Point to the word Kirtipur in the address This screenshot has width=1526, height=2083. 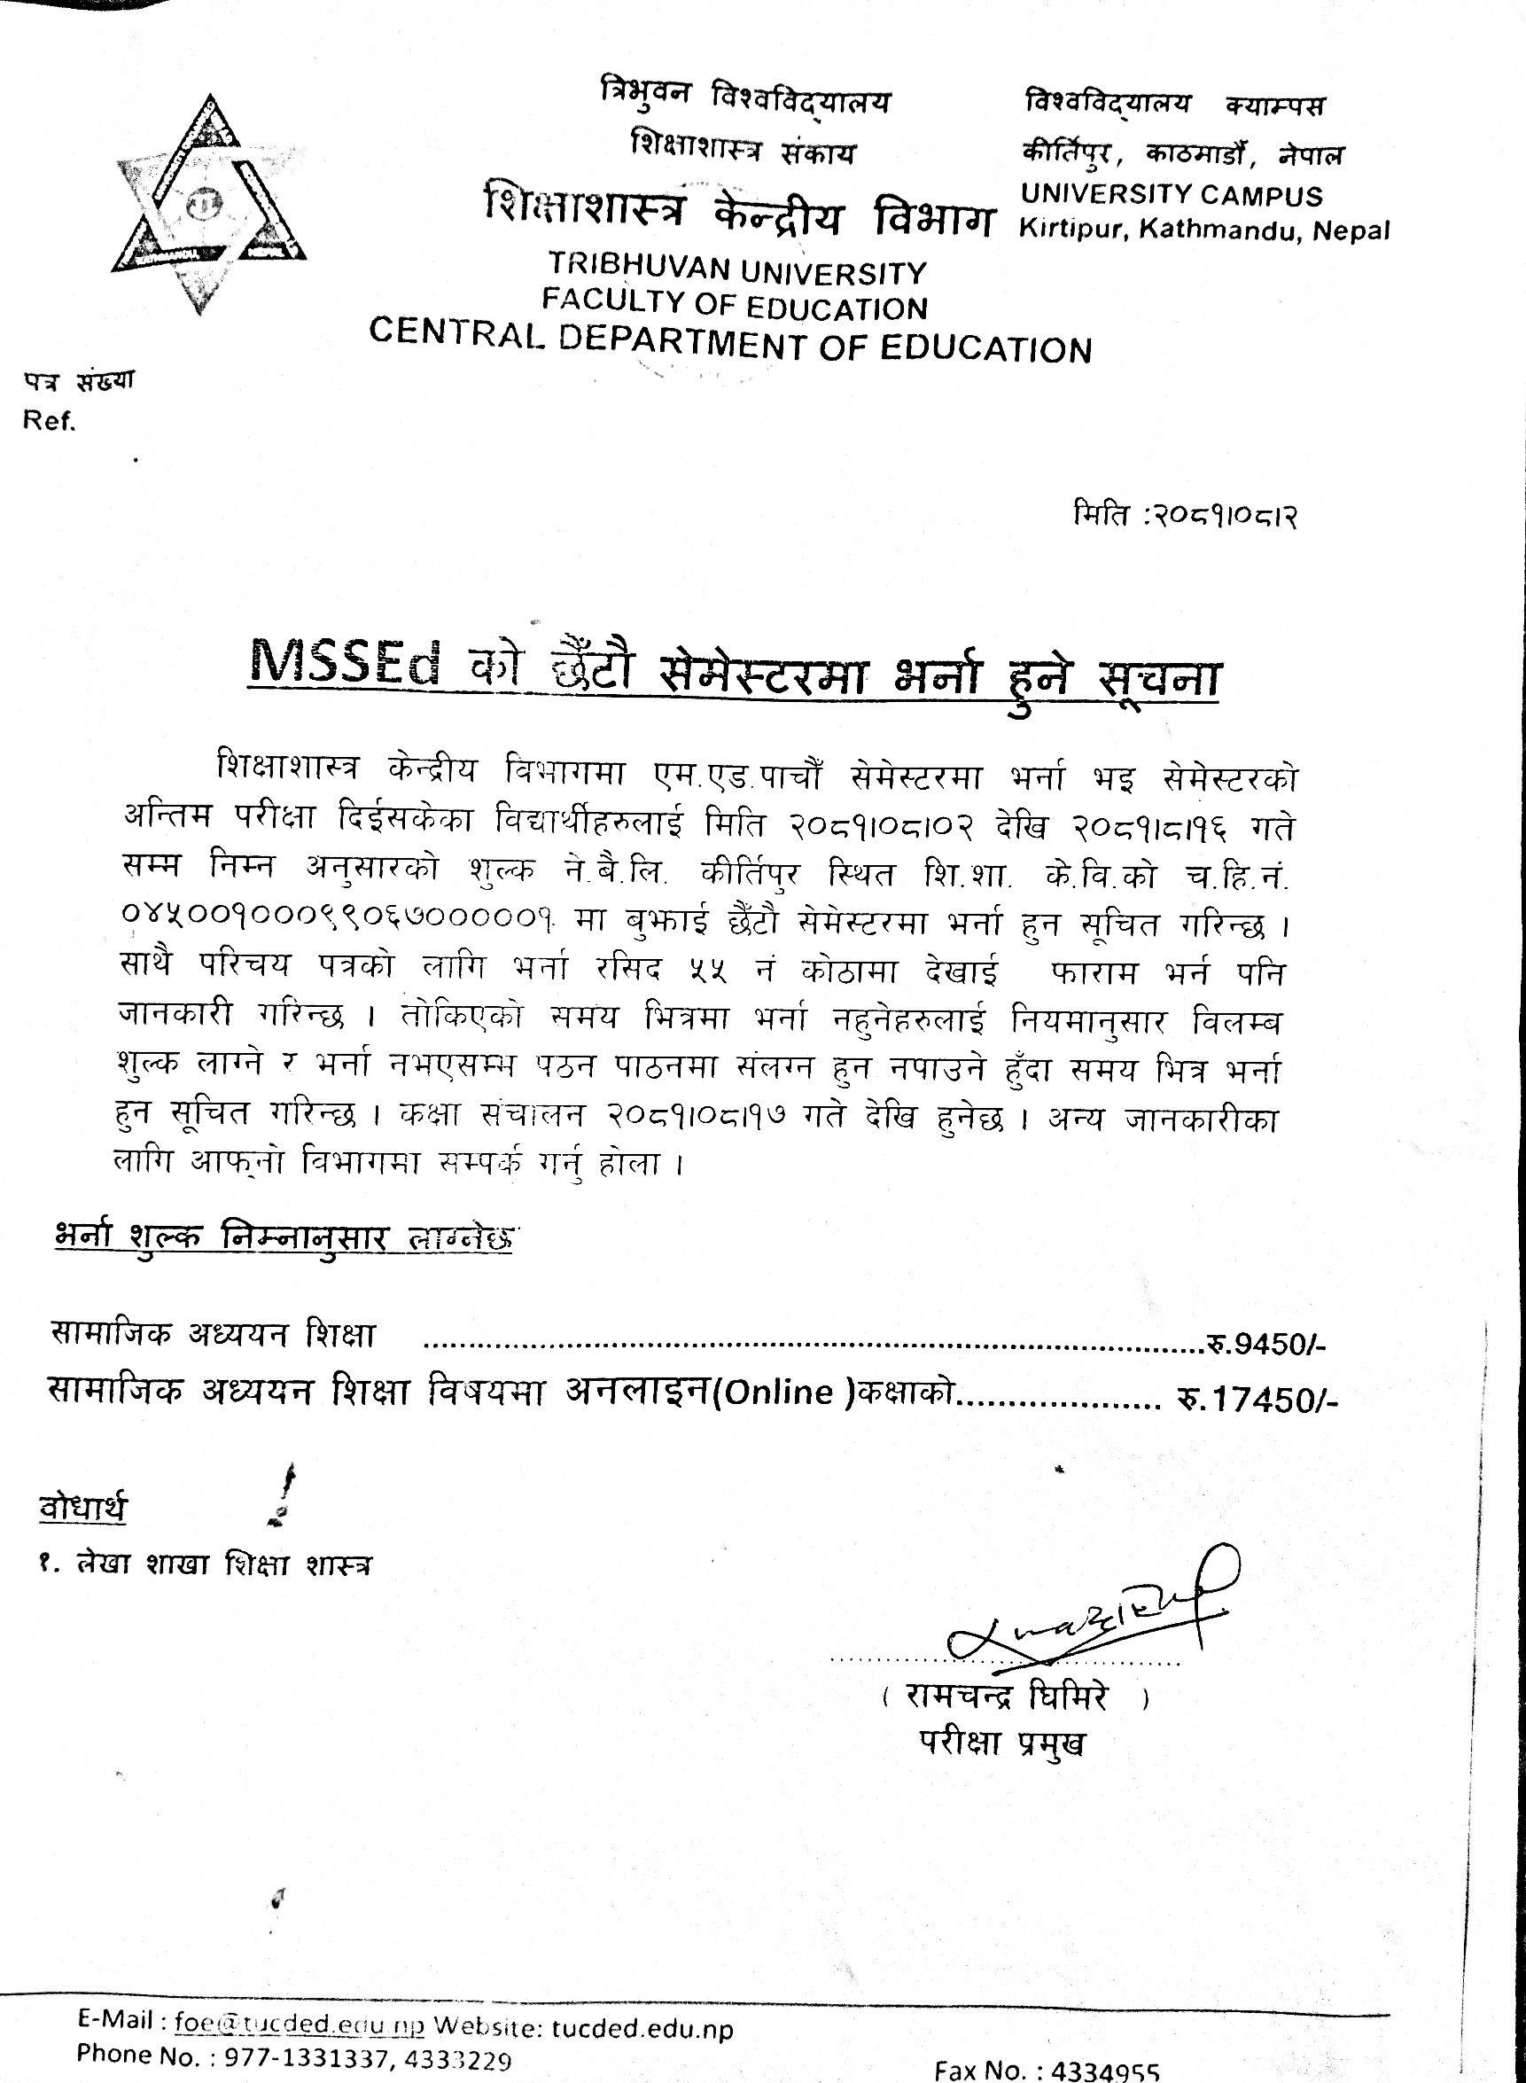[x=1071, y=228]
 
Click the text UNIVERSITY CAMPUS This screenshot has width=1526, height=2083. [x=1172, y=195]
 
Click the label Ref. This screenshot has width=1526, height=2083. [x=49, y=421]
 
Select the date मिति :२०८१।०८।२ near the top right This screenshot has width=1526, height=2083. [x=1185, y=514]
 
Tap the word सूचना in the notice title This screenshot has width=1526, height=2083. [x=1158, y=679]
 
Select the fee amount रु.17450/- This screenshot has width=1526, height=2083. [x=1257, y=1400]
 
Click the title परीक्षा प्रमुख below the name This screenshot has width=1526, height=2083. [x=1002, y=1743]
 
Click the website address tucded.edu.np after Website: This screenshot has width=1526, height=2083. [x=642, y=2029]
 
